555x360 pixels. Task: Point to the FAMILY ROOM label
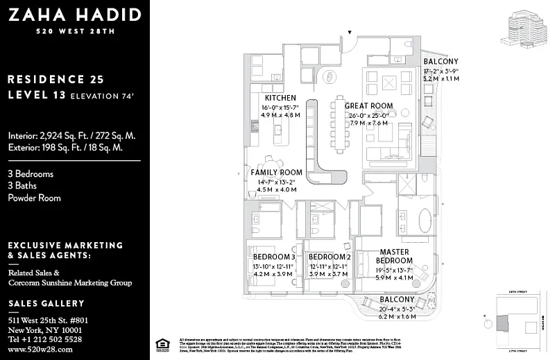(276, 172)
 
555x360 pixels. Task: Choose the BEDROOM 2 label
(329, 257)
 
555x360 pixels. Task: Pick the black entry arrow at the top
(350, 32)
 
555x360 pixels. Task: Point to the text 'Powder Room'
(34, 198)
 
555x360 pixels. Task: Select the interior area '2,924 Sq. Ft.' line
(71, 135)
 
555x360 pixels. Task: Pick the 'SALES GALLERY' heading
(46, 303)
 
